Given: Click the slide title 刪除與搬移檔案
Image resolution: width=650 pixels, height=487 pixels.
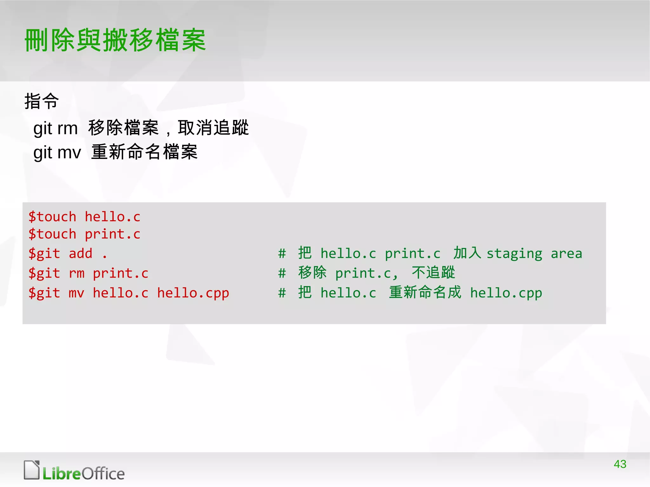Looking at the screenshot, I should pos(116,40).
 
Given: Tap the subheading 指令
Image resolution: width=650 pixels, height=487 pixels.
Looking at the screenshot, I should pos(42,101).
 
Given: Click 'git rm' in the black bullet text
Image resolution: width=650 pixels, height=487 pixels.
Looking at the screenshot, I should pos(56,128).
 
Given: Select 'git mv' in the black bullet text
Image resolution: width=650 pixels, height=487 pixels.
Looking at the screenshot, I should pos(57,153).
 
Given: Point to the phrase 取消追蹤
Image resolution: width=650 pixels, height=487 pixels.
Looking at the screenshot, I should pos(213,128).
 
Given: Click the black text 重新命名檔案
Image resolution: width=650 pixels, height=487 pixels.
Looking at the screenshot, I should pos(144,152).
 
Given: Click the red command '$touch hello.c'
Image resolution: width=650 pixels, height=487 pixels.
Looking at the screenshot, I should pos(84,217).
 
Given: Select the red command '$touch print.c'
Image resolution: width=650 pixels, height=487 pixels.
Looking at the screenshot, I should pos(84,234).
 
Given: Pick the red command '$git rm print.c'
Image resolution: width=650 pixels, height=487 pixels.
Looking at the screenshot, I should pos(89,273).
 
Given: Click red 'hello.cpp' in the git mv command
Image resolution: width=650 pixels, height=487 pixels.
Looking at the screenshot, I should pos(193,293).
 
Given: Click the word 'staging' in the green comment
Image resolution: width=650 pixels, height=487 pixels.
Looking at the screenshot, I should pos(514,254).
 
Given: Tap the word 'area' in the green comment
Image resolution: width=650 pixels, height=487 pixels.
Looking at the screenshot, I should pos(566,254).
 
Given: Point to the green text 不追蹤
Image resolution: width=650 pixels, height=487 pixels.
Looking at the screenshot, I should pos(433,273).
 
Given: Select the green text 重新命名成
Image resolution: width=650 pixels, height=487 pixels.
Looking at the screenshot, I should pos(425,292).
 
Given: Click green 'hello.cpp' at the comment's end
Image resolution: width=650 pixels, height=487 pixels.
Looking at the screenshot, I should pos(506,293).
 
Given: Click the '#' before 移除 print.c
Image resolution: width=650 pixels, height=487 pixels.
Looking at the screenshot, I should pos(282,273).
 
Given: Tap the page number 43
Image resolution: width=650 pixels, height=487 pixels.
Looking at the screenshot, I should pos(620,464).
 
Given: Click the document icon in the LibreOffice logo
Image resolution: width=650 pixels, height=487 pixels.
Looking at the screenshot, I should pos(32,470).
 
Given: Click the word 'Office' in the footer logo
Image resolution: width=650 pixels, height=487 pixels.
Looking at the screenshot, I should pos(103,474).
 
